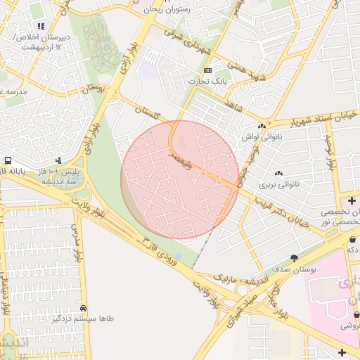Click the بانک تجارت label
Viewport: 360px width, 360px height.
(209, 82)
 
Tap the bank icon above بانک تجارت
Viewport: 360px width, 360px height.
(207, 71)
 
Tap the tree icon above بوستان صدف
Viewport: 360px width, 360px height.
(293, 257)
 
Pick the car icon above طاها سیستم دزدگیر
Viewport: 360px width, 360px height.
(84, 308)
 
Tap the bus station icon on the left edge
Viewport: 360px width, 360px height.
(6, 160)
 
